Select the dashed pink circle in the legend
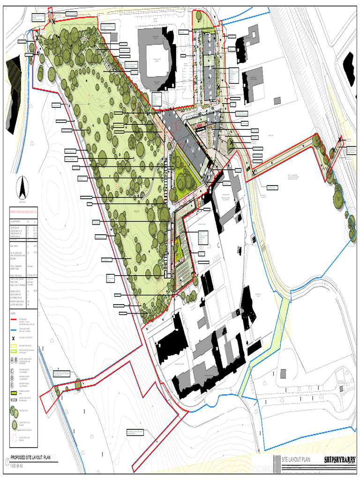click(x=15, y=439)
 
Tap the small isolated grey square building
click(x=277, y=100)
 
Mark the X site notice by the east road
click(x=341, y=140)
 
